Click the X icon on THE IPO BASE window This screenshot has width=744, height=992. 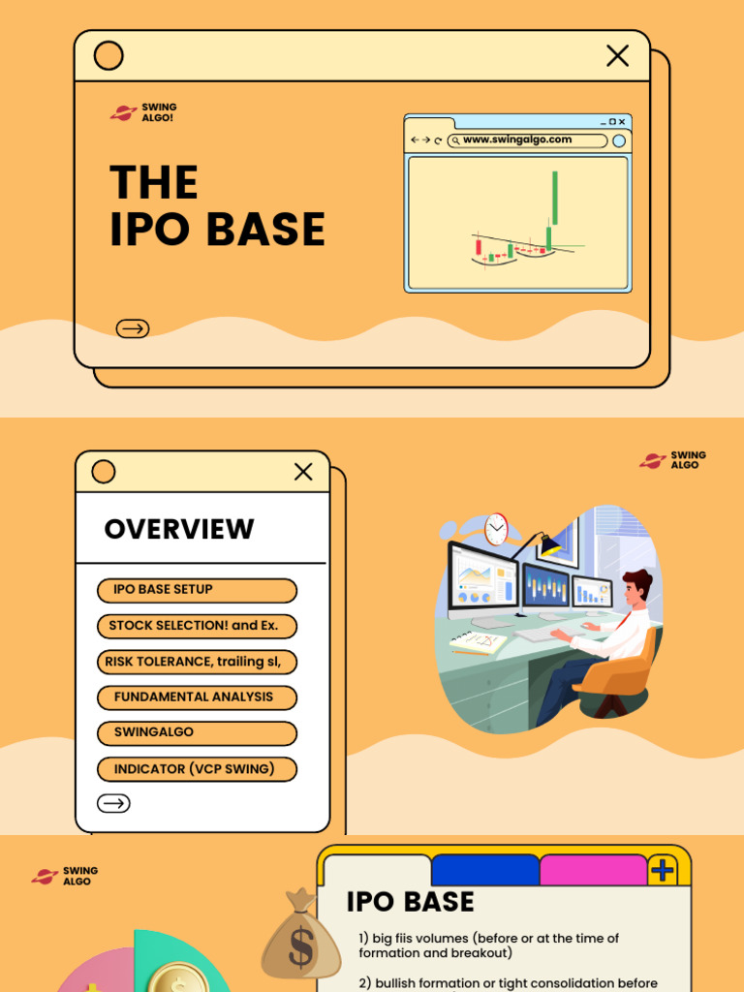(617, 56)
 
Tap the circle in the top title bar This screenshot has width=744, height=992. (108, 56)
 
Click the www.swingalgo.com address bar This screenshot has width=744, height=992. (528, 140)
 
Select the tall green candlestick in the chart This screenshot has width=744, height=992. (555, 199)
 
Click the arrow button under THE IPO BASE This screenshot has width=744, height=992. (133, 328)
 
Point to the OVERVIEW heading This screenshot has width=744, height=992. (179, 529)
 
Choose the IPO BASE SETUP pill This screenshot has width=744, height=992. (197, 590)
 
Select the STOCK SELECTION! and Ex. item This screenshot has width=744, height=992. (197, 626)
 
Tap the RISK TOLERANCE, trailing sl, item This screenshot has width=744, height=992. (197, 662)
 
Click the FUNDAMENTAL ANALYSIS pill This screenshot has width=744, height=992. (197, 697)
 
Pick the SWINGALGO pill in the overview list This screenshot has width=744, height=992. (197, 733)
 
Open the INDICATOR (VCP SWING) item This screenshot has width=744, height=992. (197, 769)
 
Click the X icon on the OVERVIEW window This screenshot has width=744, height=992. (303, 472)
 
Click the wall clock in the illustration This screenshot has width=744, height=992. (496, 529)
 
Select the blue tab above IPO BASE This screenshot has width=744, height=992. (484, 869)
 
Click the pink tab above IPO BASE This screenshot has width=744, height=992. (592, 869)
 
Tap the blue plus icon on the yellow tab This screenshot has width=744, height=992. (663, 870)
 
